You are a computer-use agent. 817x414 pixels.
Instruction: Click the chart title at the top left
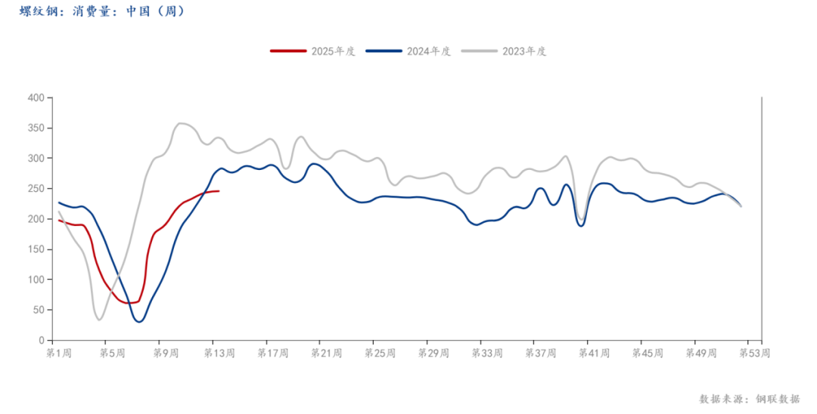101,11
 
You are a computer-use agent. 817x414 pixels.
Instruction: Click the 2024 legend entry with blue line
408,51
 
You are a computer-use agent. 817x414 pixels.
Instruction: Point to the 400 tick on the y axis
36,97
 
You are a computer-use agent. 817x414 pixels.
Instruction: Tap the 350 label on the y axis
36,128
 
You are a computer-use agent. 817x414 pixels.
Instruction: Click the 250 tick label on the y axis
36,188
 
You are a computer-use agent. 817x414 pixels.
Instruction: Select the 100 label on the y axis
36,280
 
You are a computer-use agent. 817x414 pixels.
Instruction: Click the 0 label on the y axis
41,340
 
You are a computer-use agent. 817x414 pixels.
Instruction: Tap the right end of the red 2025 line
219,190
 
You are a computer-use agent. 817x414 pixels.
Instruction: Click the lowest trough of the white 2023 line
99,320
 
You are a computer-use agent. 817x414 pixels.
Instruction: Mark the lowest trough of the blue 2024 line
138,321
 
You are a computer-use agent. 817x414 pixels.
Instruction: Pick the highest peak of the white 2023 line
182,122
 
